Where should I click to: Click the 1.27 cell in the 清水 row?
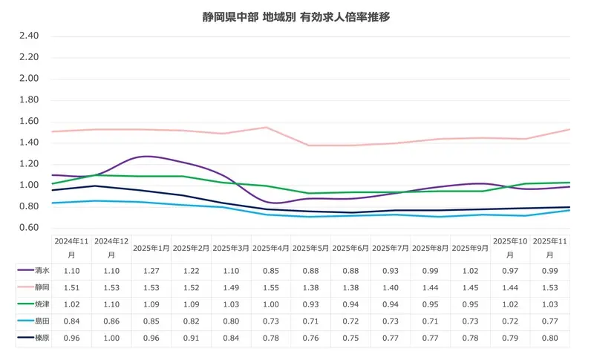click(151, 271)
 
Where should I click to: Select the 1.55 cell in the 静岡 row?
click(271, 287)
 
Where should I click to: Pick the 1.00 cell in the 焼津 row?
click(271, 304)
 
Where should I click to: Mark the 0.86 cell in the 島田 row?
click(111, 321)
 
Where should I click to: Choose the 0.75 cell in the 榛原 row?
click(351, 338)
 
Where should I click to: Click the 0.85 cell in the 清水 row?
click(271, 271)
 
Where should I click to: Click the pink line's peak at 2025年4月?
click(266, 127)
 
